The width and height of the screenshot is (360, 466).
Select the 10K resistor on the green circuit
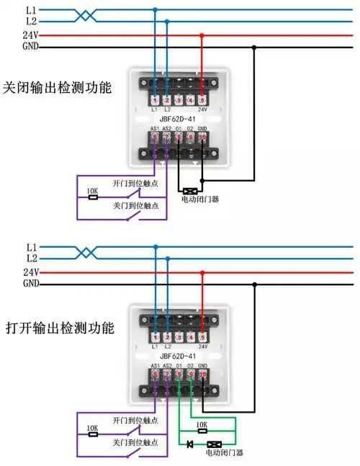[x=202, y=425]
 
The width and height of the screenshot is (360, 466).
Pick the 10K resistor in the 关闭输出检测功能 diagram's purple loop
[x=92, y=192]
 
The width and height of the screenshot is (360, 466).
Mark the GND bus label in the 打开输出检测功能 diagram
[x=31, y=284]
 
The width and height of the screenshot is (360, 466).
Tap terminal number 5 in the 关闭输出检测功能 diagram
[x=202, y=99]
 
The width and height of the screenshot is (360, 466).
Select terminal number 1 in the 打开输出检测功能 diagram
[x=155, y=337]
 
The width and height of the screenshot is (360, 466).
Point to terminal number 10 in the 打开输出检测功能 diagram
[x=202, y=375]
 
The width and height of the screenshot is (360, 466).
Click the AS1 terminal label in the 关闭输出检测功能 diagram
[x=154, y=129]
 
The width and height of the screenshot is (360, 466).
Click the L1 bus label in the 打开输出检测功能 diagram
[x=31, y=247]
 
